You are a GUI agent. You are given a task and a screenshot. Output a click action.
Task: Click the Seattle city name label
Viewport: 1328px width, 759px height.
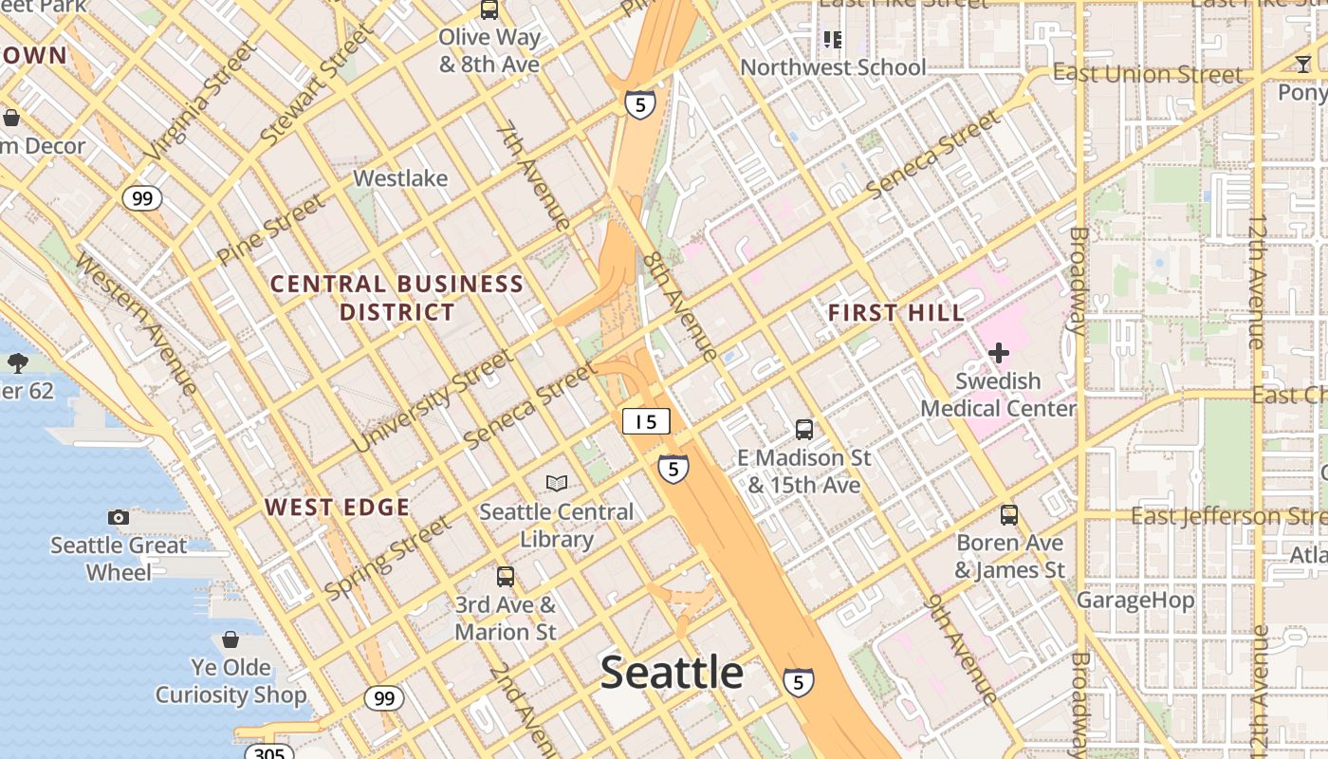click(x=672, y=673)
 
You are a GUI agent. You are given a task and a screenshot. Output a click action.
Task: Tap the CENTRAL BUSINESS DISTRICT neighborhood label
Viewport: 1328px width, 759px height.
click(x=397, y=298)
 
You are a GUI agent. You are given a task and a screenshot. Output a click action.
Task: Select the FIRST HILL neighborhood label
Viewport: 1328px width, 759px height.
click(x=895, y=312)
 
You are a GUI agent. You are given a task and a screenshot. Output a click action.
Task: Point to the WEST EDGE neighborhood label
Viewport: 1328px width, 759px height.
click(x=337, y=508)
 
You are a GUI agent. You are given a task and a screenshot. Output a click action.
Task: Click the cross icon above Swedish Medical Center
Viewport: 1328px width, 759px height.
click(x=998, y=353)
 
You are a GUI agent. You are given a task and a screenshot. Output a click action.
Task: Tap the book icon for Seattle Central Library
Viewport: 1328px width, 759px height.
click(x=557, y=483)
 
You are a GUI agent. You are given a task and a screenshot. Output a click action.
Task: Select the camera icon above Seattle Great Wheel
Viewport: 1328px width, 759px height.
click(x=119, y=517)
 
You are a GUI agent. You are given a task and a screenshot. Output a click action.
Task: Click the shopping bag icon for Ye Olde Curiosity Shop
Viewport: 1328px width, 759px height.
click(x=231, y=639)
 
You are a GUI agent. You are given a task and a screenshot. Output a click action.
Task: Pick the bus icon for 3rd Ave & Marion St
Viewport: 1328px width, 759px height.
click(x=506, y=576)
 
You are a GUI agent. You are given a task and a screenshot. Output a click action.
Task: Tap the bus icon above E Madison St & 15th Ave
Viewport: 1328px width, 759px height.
click(x=804, y=429)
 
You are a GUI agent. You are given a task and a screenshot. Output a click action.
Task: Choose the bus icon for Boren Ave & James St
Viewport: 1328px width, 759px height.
click(x=1009, y=515)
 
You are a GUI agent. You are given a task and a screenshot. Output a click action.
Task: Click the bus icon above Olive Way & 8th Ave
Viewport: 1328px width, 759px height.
click(x=489, y=10)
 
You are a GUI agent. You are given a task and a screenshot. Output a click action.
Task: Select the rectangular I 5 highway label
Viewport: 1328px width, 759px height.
click(x=646, y=421)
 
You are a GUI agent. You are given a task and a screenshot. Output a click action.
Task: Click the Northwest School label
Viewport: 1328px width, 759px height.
click(x=832, y=67)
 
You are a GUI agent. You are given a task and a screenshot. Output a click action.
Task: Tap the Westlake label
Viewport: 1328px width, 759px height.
click(x=400, y=178)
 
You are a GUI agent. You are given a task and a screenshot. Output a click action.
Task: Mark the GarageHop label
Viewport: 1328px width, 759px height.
click(x=1134, y=600)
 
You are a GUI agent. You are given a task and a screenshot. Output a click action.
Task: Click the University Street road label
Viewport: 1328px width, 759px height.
click(x=433, y=400)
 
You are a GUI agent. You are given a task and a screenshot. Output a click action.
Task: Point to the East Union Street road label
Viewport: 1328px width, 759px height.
click(x=1147, y=74)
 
